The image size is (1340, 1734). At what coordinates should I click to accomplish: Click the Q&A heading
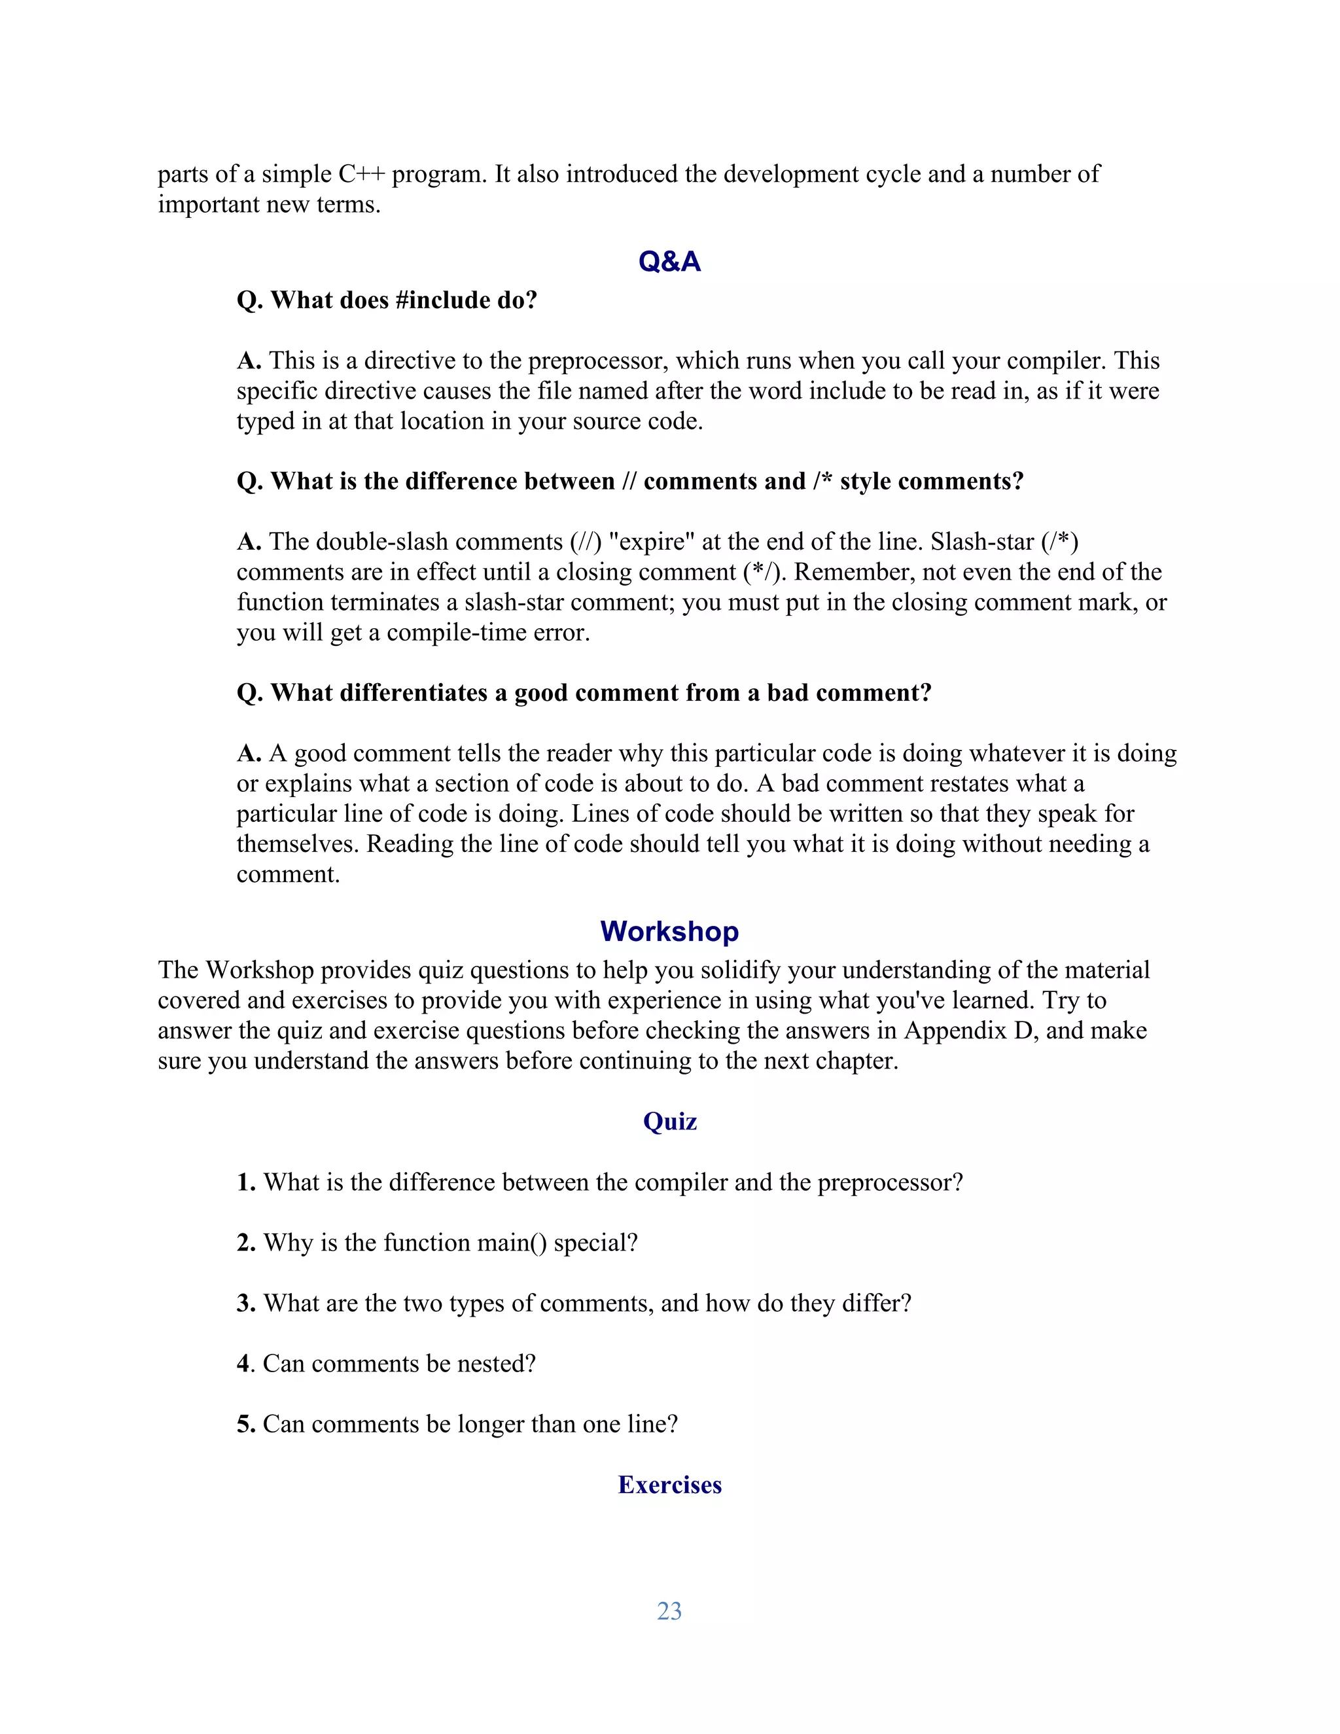coord(669,261)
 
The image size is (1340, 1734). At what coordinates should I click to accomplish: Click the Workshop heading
coord(669,930)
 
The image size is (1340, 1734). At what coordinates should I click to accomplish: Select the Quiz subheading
coord(669,1121)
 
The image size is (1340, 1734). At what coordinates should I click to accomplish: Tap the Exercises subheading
coord(669,1485)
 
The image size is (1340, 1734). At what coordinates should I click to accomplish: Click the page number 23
coord(669,1611)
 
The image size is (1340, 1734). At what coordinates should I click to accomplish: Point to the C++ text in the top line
coord(361,174)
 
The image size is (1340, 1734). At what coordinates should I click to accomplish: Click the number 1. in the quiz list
coord(246,1182)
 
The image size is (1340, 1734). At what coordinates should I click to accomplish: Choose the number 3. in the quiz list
coord(246,1303)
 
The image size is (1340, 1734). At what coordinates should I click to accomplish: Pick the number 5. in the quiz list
coord(246,1424)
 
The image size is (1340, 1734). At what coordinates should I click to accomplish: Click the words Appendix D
coord(970,1031)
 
